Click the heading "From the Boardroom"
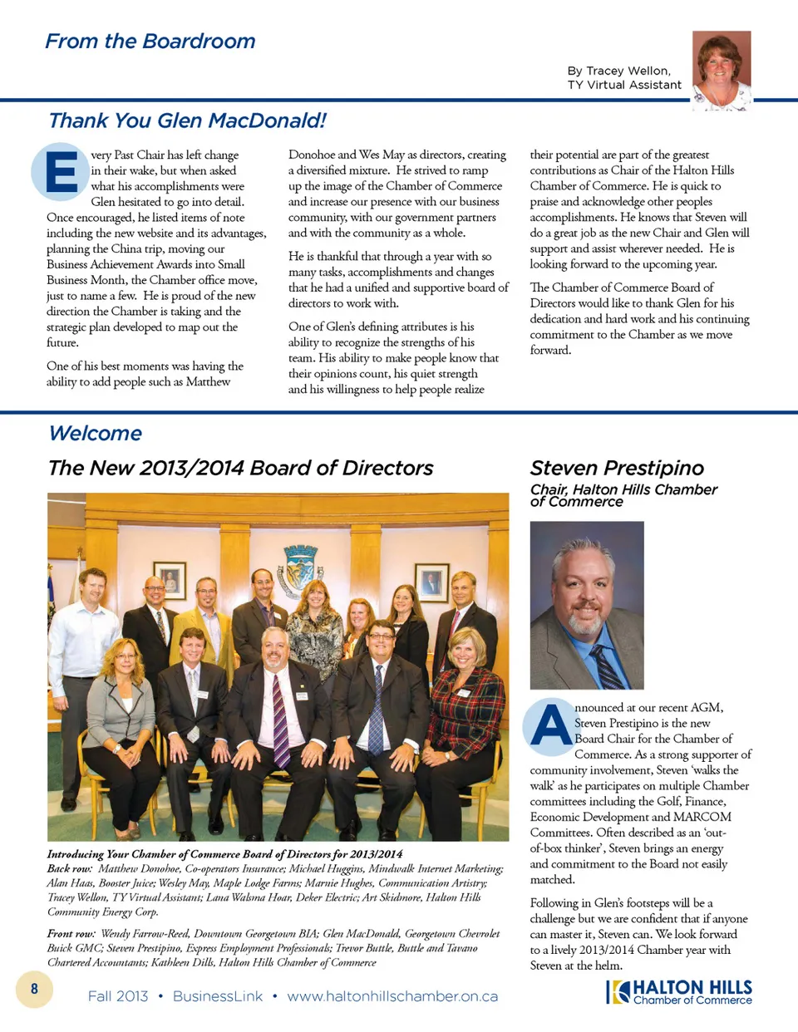(x=150, y=42)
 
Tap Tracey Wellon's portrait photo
(x=721, y=70)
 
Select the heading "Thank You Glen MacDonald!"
(x=187, y=121)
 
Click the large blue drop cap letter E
(x=61, y=172)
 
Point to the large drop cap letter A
(x=550, y=725)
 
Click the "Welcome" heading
(x=95, y=434)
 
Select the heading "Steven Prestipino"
(x=617, y=468)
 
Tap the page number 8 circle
(x=34, y=989)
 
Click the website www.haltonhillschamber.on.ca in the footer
(x=392, y=996)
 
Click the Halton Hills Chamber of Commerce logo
(x=679, y=992)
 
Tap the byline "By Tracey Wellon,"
(x=618, y=71)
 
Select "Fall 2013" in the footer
(x=118, y=996)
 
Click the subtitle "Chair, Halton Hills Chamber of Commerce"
(x=623, y=495)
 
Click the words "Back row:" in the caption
(x=70, y=868)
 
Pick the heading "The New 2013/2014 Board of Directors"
(x=240, y=468)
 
